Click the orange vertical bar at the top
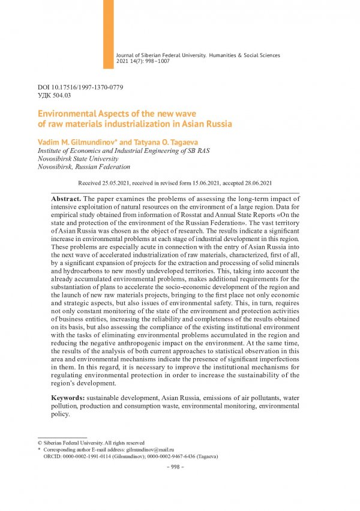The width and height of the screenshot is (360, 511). point(109,33)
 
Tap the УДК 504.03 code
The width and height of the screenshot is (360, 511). point(54,95)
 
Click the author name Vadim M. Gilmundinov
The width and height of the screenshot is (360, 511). point(77,140)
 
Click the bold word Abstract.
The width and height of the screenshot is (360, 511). point(66,198)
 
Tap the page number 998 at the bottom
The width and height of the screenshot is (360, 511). point(180,467)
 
